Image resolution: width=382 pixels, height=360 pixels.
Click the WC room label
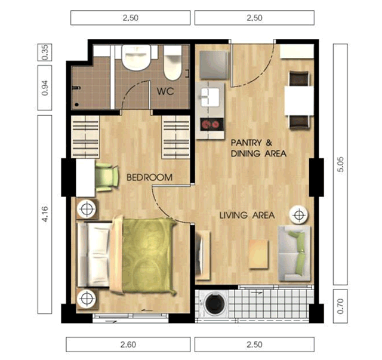pos(165,91)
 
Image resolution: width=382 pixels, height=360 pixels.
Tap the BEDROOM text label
pos(150,177)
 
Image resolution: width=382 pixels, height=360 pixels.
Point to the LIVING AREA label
pos(247,216)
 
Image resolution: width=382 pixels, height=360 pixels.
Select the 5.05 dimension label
pos(341,165)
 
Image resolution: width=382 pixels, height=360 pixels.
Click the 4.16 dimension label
pos(45,214)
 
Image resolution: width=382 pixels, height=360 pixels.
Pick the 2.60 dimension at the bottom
pos(128,344)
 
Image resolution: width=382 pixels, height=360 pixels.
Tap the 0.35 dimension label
pos(45,52)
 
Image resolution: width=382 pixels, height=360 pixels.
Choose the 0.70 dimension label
pos(341,306)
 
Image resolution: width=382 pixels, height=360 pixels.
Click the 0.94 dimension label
pos(45,88)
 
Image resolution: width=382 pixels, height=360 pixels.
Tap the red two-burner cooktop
pos(212,125)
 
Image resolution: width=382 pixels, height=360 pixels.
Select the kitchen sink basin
pos(210,97)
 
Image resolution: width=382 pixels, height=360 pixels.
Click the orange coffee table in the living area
pos(258,254)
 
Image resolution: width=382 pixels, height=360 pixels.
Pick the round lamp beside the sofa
pos(298,215)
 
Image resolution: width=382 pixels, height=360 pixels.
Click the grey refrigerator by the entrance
pos(214,65)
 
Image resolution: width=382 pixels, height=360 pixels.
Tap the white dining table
pos(300,100)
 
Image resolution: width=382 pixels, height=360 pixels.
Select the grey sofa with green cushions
pos(294,253)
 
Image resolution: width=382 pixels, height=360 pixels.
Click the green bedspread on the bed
pos(149,255)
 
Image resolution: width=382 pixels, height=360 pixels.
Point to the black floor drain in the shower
pos(77,104)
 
